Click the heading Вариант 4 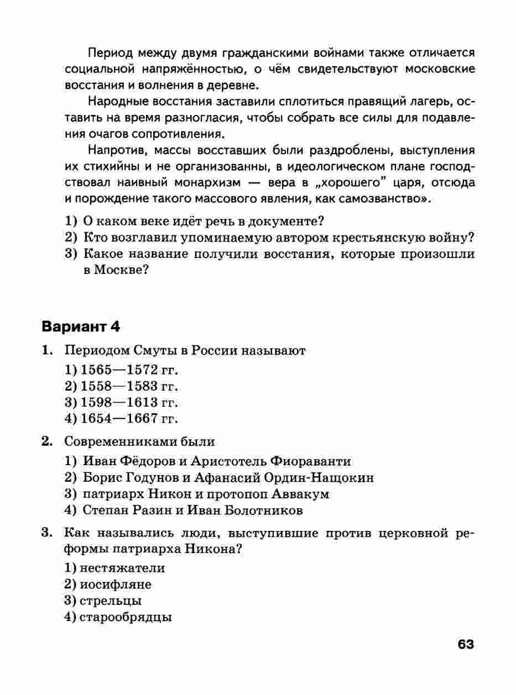coord(81,326)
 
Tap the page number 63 coord(466,644)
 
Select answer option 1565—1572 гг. coord(121,370)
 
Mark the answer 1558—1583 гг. coord(121,386)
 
